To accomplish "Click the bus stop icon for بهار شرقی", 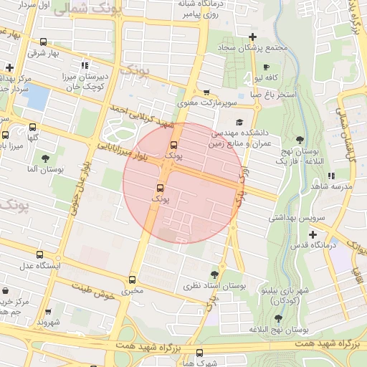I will click(44, 42).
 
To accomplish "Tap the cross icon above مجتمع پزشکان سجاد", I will click(252, 37).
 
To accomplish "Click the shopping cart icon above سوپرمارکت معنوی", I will click(206, 92).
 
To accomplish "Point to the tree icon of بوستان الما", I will click(46, 158).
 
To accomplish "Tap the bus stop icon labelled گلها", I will click(6, 134).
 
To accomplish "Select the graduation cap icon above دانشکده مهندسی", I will click(239, 123).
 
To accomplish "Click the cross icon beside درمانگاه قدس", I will click(313, 234).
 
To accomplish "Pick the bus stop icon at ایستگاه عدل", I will click(39, 254).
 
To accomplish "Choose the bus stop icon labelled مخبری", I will click(132, 280).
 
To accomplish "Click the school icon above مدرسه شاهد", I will click(330, 175).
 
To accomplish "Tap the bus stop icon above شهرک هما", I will click(199, 352).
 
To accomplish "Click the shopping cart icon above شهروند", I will click(49, 313).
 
